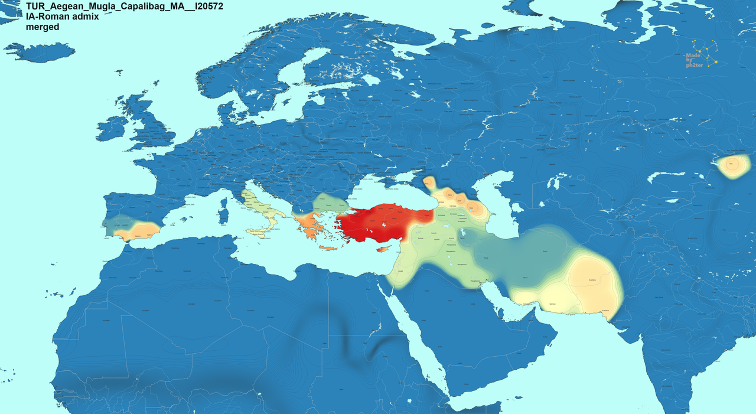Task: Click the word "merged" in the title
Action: pyautogui.click(x=43, y=27)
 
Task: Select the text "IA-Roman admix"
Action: pyautogui.click(x=62, y=17)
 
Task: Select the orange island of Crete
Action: pyautogui.click(x=328, y=247)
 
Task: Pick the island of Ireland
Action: pyautogui.click(x=112, y=128)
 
